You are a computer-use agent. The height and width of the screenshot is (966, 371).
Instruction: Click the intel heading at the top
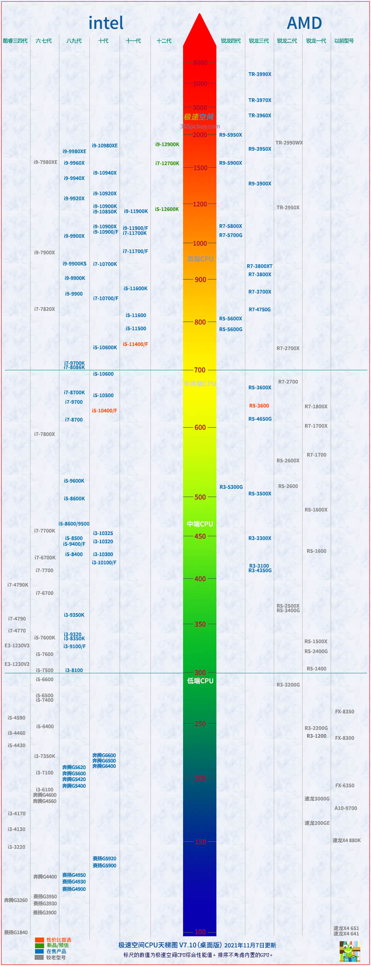(x=106, y=23)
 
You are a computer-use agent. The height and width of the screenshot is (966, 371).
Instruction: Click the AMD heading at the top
(x=304, y=23)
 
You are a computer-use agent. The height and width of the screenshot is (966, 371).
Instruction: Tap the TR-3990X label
(x=260, y=74)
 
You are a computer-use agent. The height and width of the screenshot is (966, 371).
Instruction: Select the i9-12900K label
(x=167, y=144)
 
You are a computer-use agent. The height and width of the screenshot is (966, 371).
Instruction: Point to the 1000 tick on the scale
(x=200, y=244)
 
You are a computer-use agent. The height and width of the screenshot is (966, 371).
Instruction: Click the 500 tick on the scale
(x=200, y=497)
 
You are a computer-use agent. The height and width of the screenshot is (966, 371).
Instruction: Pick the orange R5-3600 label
(x=259, y=406)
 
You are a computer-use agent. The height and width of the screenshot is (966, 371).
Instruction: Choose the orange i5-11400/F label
(x=135, y=344)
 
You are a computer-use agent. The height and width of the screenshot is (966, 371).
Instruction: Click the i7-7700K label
(x=45, y=531)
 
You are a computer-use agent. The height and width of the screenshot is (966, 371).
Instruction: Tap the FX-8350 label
(x=345, y=712)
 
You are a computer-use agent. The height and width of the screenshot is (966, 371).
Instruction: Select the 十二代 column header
(x=164, y=41)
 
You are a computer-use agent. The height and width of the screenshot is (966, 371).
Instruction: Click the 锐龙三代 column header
(x=259, y=41)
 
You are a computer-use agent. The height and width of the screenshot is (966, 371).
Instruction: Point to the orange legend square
(x=39, y=940)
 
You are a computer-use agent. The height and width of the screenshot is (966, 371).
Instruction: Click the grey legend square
(x=39, y=957)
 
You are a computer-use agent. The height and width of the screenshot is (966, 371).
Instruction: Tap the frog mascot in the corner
(x=350, y=951)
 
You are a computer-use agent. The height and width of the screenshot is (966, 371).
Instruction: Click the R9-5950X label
(x=230, y=135)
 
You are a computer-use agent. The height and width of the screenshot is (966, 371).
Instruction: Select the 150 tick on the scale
(x=200, y=842)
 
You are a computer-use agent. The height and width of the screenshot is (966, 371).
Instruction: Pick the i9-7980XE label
(x=45, y=162)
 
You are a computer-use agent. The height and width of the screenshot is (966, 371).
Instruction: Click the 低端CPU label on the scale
(x=200, y=681)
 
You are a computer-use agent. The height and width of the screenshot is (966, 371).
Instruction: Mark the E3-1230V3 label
(x=17, y=646)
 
